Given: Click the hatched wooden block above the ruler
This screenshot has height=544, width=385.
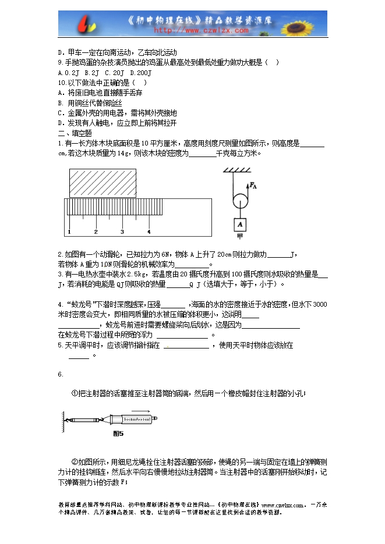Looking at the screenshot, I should [103, 183].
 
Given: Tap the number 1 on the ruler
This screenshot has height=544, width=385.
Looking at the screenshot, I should [69, 232].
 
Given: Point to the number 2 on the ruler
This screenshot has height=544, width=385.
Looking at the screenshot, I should [96, 232].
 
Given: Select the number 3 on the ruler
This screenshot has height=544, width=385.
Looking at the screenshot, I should [122, 232].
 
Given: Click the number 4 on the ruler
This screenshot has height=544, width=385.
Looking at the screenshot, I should [149, 232].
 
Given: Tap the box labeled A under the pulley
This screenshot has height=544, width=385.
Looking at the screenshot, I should [239, 225].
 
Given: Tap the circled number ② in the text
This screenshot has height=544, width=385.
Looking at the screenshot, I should [74, 457].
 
